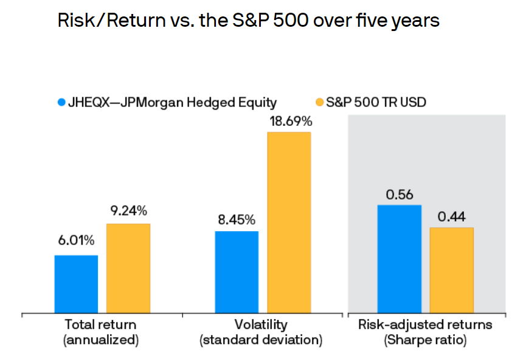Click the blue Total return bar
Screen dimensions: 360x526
click(76, 284)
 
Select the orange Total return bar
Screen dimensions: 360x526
click(128, 268)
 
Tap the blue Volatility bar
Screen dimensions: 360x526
click(237, 272)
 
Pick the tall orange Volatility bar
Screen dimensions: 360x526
click(289, 223)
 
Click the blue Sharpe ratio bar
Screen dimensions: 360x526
click(399, 259)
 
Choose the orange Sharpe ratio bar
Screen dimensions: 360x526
click(451, 270)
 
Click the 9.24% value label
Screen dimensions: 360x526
click(128, 211)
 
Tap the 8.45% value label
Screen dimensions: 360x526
click(237, 219)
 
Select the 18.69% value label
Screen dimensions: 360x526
click(289, 120)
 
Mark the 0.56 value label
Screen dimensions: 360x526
click(400, 194)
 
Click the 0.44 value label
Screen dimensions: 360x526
click(451, 216)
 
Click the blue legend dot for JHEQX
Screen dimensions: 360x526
click(60, 102)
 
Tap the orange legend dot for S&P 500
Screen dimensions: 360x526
click(320, 102)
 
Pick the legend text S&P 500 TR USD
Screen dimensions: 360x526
click(376, 102)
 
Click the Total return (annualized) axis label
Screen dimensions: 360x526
click(101, 332)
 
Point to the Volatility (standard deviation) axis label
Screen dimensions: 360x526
click(261, 332)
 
